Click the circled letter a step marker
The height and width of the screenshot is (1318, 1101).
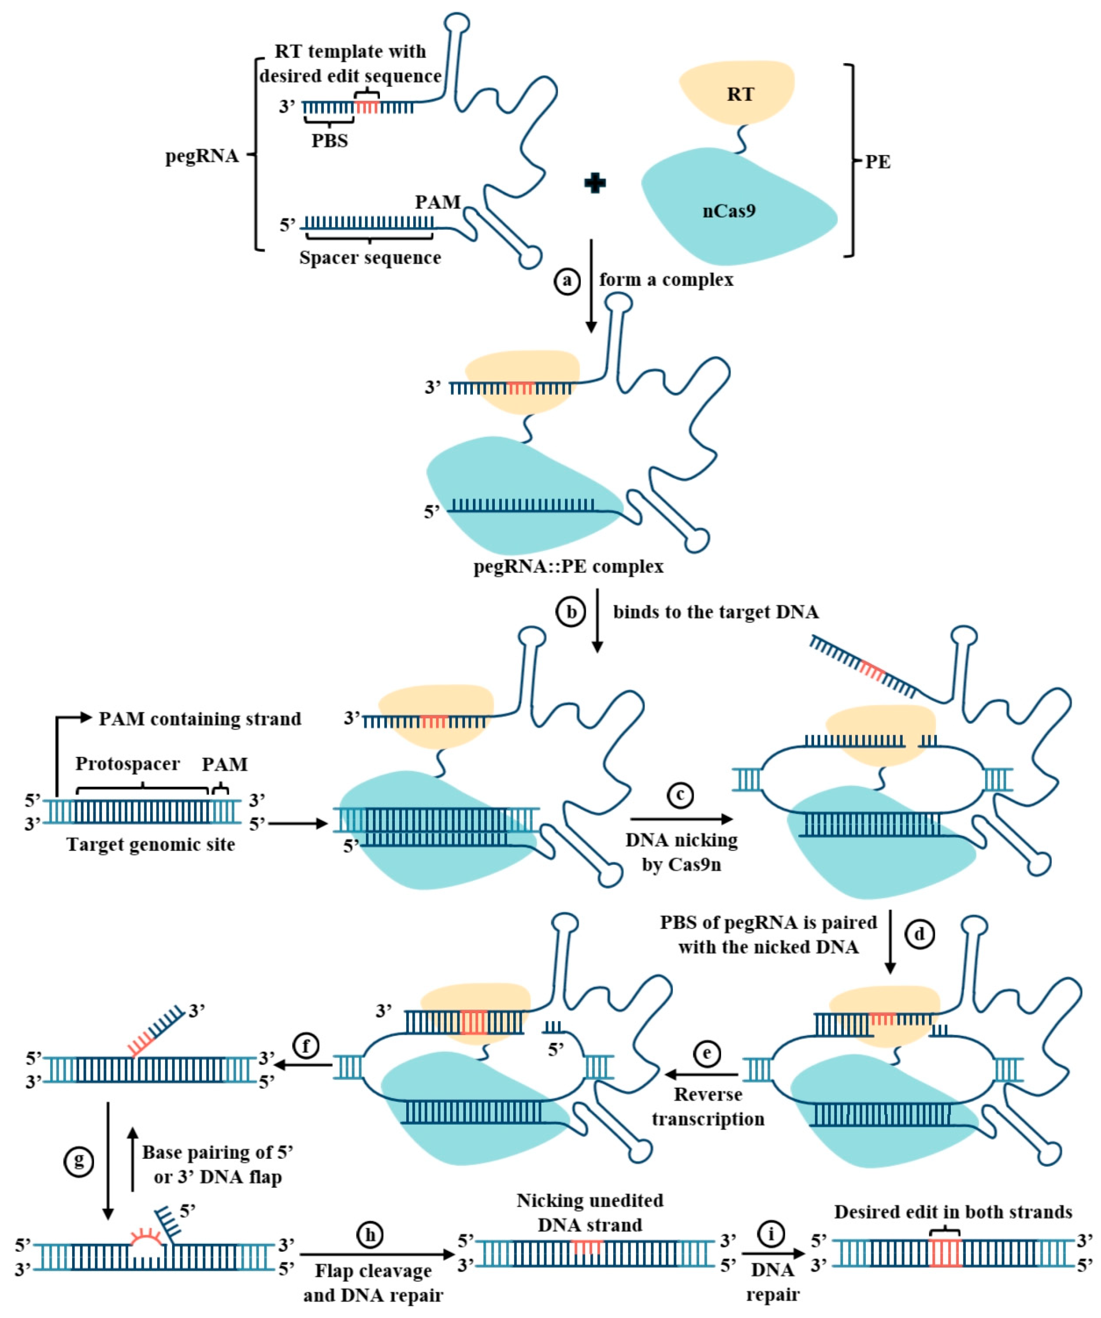click(567, 281)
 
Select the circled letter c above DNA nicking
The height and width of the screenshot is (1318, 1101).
click(680, 795)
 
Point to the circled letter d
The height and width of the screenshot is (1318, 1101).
click(919, 934)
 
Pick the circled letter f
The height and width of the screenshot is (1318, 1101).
click(306, 1045)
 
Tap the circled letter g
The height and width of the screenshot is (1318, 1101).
click(79, 1161)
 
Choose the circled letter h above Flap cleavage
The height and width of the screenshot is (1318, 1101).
click(370, 1235)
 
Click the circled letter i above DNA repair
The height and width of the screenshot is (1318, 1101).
click(771, 1234)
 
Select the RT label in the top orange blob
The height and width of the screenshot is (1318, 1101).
click(740, 94)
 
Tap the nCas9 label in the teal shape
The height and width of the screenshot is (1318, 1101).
click(729, 211)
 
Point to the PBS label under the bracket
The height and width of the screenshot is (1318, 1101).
click(330, 141)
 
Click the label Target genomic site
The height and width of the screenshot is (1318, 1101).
click(151, 845)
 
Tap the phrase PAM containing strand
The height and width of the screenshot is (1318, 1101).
click(199, 719)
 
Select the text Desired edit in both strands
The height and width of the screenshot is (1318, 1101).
click(953, 1212)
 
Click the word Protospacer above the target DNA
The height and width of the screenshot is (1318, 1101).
click(127, 764)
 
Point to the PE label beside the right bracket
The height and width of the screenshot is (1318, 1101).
click(878, 162)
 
